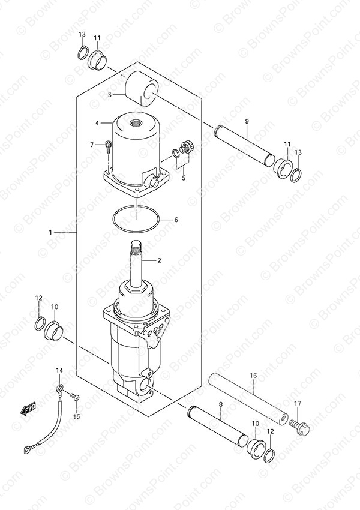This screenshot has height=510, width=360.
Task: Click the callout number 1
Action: point(50,232)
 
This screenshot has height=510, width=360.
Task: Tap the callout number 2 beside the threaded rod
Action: point(159,260)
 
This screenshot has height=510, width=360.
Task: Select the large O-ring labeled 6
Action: point(136,219)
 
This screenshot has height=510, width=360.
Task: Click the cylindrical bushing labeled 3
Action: point(142,89)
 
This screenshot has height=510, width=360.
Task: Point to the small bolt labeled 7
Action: point(108,146)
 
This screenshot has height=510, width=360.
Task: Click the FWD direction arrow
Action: point(28,408)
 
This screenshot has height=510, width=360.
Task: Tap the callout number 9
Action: point(247,121)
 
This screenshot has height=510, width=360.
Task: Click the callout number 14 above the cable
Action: point(59,370)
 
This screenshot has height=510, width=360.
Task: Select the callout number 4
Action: point(97,123)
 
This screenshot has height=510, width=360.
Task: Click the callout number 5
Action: point(184,178)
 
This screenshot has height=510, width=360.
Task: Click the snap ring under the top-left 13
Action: point(83,53)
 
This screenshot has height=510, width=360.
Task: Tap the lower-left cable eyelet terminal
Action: point(27,450)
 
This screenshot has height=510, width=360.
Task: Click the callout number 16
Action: point(253,376)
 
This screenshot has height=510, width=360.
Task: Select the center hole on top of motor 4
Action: point(134,123)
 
